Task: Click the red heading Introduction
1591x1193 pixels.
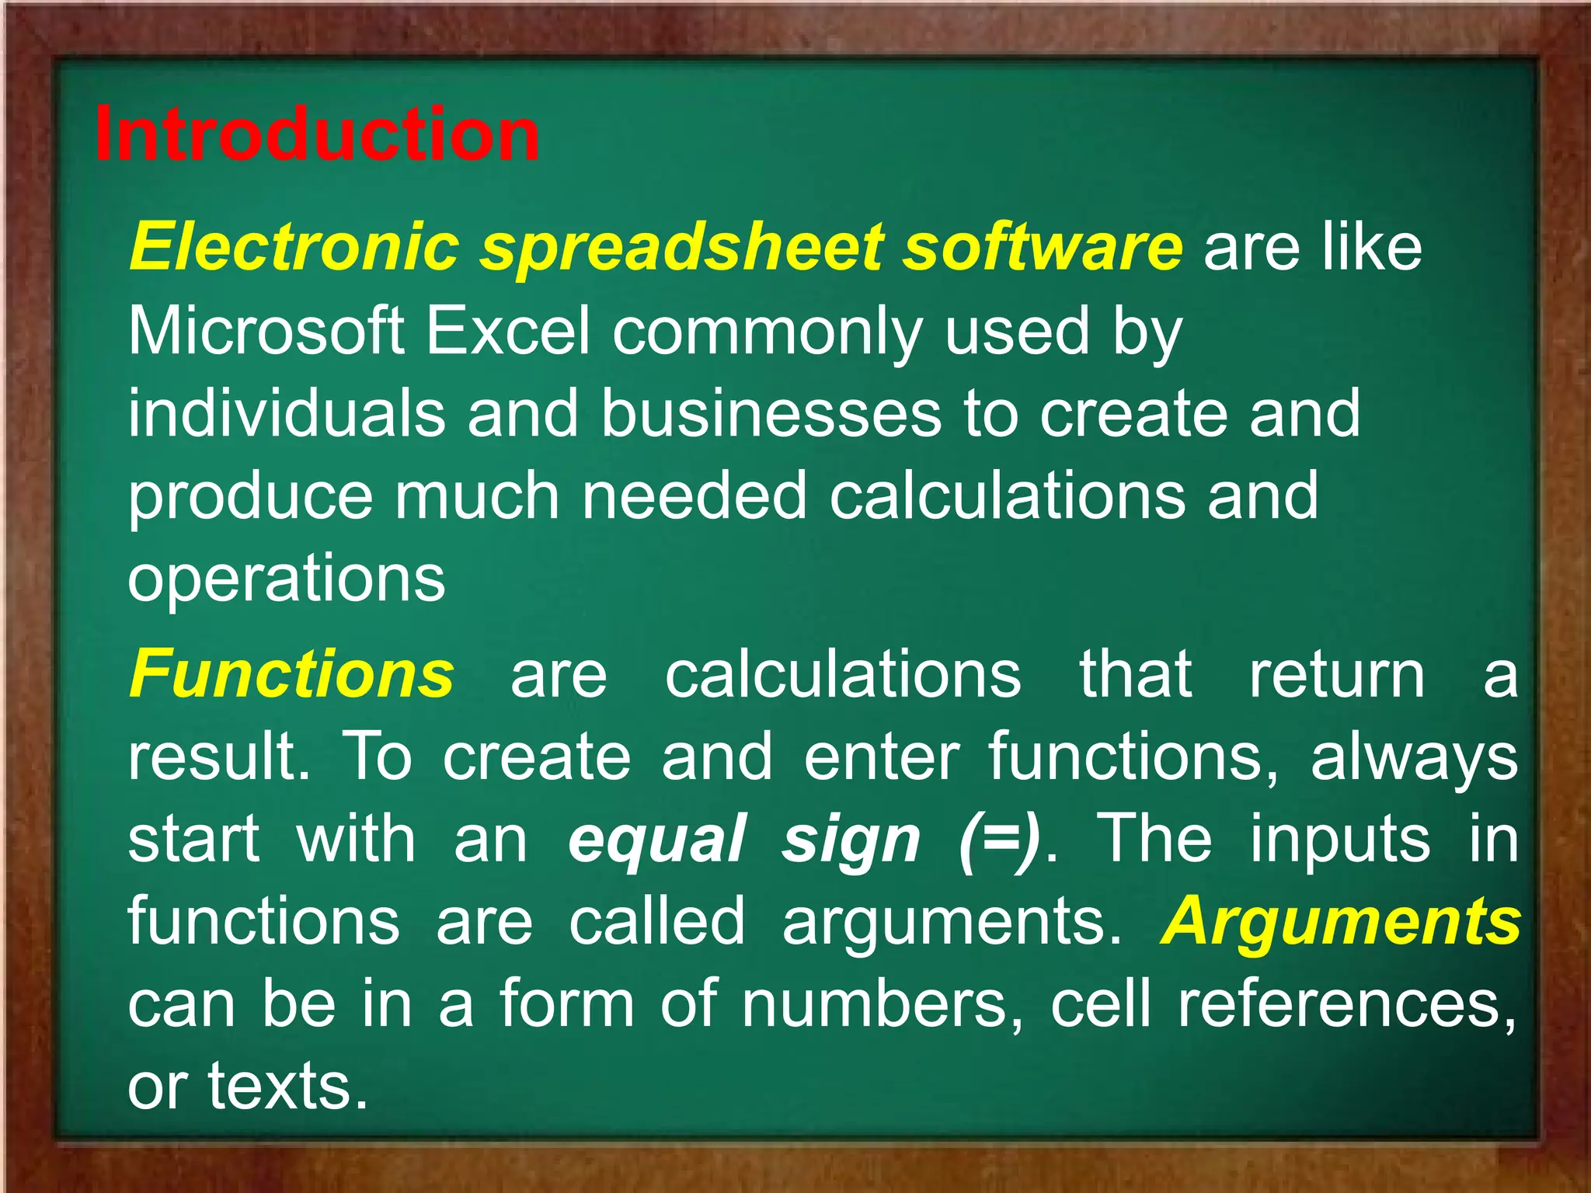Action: click(317, 134)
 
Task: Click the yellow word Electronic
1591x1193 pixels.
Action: click(294, 247)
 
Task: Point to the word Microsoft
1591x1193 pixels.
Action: click(266, 331)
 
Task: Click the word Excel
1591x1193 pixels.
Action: click(508, 331)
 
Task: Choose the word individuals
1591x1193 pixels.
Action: click(287, 413)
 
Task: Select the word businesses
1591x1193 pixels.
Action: click(771, 413)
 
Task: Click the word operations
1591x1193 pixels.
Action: click(287, 579)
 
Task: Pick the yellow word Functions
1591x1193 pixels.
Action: click(291, 674)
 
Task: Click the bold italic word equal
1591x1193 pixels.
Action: click(657, 840)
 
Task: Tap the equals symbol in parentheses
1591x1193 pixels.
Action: click(998, 840)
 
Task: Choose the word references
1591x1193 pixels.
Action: click(1346, 1005)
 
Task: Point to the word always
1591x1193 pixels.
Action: click(1414, 758)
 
